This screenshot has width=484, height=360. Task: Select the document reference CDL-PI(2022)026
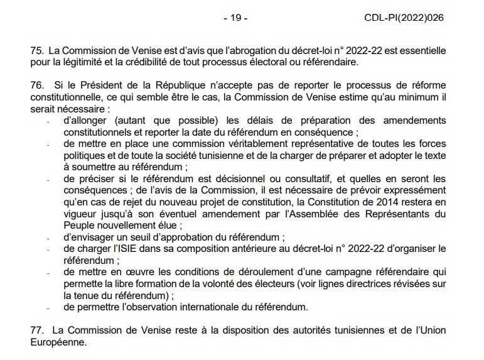click(404, 18)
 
